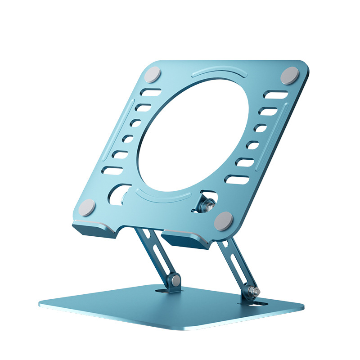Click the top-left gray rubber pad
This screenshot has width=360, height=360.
click(153, 75)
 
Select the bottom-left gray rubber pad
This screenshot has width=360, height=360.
click(87, 208)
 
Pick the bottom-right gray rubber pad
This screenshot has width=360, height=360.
click(224, 221)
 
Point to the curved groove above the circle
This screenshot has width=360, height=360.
click(219, 73)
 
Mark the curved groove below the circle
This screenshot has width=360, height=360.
click(164, 196)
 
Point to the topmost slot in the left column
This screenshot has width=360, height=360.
click(151, 93)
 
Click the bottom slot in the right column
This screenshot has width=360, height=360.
click(239, 180)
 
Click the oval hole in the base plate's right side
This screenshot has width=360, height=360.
click(260, 305)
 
